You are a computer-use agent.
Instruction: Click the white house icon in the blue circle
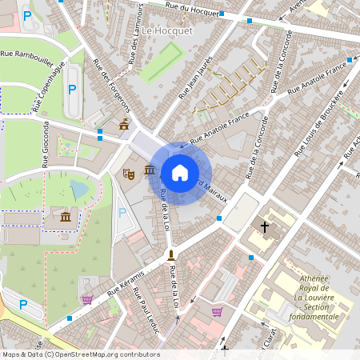(x=180, y=173)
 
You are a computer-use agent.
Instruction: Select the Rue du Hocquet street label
(x=193, y=10)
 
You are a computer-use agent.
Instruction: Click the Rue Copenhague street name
(x=48, y=87)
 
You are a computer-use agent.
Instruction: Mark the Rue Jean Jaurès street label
(x=195, y=78)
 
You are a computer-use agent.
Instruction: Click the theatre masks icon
(x=128, y=173)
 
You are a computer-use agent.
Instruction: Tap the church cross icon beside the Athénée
(x=265, y=227)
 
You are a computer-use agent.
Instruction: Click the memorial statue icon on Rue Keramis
(x=170, y=255)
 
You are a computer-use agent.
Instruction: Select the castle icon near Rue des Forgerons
(x=123, y=124)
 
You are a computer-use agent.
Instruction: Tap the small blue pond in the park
(x=79, y=190)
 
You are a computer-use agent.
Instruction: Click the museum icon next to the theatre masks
(x=150, y=169)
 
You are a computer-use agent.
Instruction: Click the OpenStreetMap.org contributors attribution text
(x=103, y=354)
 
